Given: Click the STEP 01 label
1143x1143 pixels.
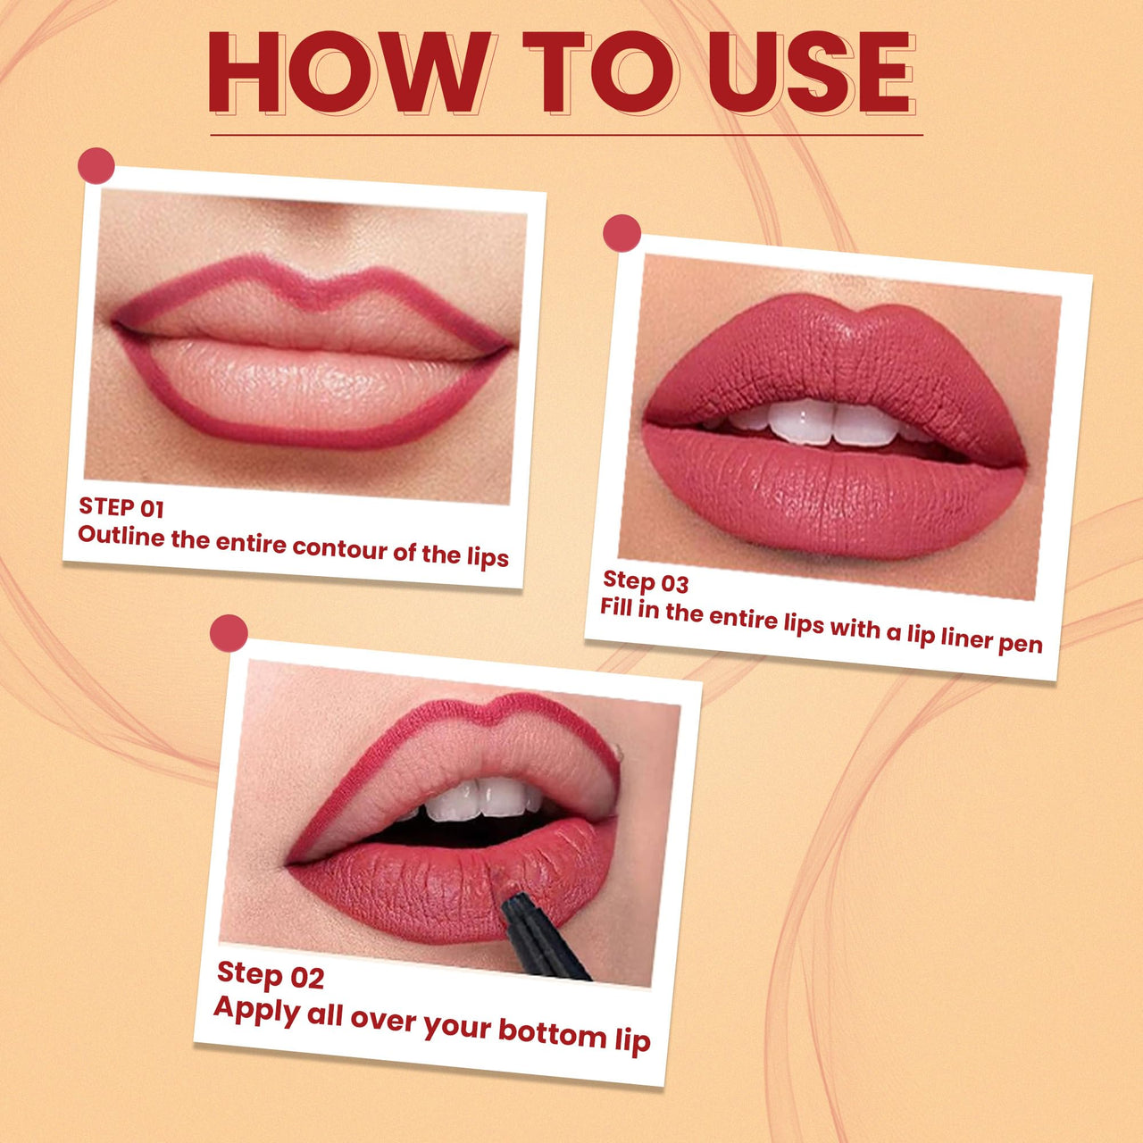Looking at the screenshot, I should pos(121,508).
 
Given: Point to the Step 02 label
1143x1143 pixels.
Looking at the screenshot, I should pos(271,975).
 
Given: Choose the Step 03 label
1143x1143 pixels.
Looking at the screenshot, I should pos(646,582).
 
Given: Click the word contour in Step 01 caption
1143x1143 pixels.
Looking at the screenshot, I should pos(339,547).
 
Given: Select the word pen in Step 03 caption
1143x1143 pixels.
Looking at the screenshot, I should pos(1021,643).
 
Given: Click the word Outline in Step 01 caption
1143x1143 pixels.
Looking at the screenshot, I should pos(121,536).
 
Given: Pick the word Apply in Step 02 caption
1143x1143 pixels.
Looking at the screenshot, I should pos(256,1010).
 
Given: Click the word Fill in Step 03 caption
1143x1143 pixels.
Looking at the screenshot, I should pos(616,608).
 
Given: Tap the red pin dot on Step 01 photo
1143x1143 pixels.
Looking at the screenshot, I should pos(96,166).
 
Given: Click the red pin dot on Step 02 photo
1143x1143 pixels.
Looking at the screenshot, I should pos(229,632).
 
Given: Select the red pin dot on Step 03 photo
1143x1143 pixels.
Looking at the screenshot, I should pos(622,233).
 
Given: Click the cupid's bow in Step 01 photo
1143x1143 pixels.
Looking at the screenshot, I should pos(313,286).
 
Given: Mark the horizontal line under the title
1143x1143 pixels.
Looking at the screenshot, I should pos(566,135).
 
